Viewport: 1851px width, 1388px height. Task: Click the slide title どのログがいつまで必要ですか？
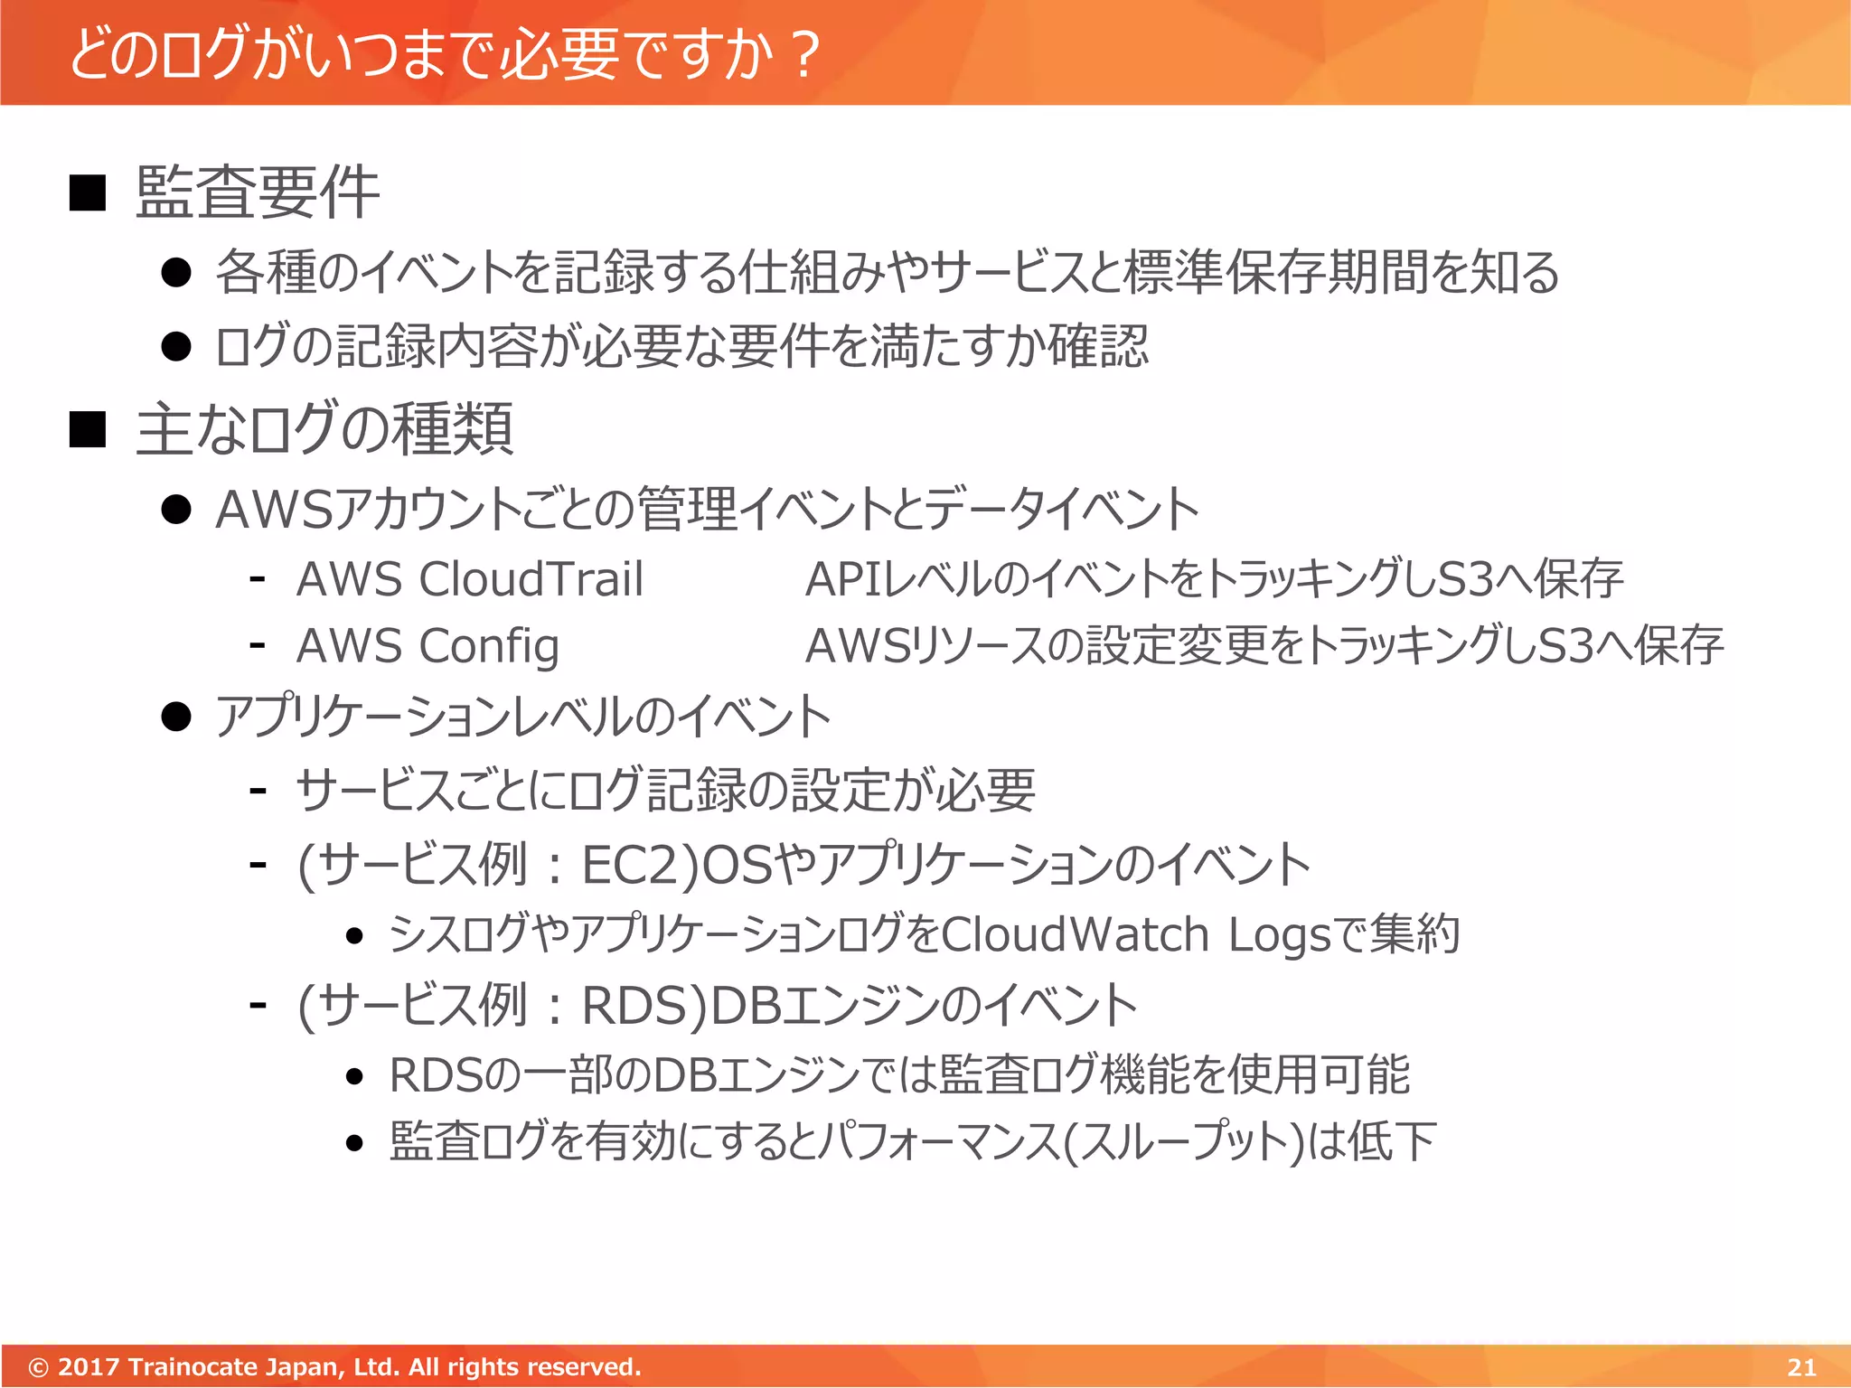coord(443,54)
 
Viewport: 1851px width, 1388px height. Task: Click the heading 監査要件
coord(258,192)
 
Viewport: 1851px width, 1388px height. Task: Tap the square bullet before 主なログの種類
coord(88,429)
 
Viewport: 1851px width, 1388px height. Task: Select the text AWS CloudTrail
coord(469,579)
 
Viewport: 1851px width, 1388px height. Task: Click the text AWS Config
coord(427,646)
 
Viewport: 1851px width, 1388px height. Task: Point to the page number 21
coord(1801,1366)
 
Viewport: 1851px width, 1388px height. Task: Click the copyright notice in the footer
coord(334,1366)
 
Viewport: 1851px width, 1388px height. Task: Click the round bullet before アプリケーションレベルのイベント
coord(176,717)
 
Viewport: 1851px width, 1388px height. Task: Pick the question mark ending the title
coord(803,54)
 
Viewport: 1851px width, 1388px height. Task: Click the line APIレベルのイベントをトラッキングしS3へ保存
coord(1213,579)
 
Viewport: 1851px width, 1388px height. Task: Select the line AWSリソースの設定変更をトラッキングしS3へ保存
coord(1264,646)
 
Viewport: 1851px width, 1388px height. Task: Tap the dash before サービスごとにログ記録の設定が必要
coord(258,790)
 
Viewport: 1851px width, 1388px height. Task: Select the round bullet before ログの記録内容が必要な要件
coord(176,346)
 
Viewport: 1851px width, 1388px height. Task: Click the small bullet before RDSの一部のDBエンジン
coord(354,1076)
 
